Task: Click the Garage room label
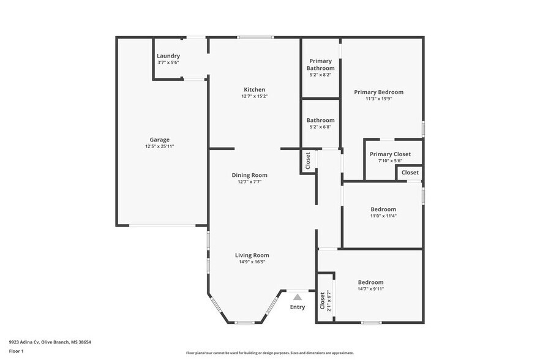click(160, 140)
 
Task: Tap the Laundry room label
click(168, 56)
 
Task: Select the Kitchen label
click(254, 90)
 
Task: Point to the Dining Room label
click(253, 175)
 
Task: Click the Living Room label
click(252, 255)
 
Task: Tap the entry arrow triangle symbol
click(298, 297)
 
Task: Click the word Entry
click(298, 307)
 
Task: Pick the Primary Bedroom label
click(378, 92)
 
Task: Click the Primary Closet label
click(390, 154)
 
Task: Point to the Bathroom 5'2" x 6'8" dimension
click(320, 127)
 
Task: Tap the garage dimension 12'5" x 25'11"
click(160, 146)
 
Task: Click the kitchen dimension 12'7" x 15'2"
click(254, 96)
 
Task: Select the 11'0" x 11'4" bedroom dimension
click(383, 216)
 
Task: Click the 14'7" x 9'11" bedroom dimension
click(370, 289)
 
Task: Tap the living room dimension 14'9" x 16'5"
click(252, 262)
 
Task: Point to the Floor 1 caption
click(17, 351)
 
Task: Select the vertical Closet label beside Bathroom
click(307, 160)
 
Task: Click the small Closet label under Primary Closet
click(410, 173)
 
